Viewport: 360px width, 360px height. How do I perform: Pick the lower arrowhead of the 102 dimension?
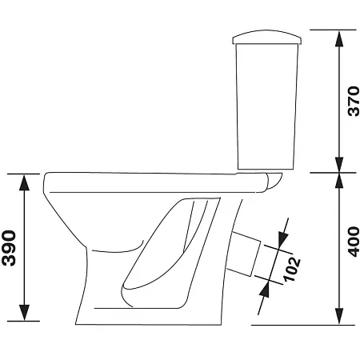pos(262,291)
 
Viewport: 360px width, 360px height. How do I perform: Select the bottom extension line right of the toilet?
pos(304,325)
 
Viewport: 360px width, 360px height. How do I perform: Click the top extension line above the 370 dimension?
pos(320,30)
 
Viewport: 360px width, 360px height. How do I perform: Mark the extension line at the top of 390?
pos(24,173)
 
